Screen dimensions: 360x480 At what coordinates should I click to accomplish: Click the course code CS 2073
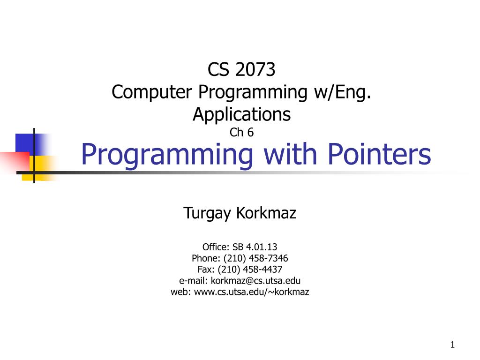[241, 70]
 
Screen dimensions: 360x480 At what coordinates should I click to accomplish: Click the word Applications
[241, 114]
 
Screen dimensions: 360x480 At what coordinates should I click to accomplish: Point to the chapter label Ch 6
[241, 133]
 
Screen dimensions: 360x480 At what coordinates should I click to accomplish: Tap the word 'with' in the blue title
[278, 154]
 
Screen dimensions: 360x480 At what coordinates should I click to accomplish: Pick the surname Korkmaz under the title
[266, 214]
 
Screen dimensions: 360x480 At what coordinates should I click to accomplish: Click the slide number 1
[452, 345]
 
